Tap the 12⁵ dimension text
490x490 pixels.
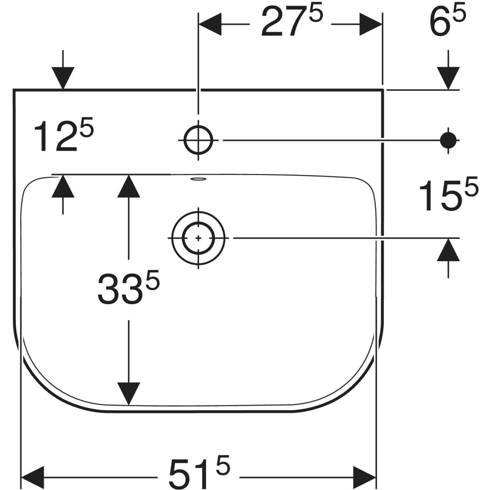64,137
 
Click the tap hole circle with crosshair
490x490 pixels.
198,140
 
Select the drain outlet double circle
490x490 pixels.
198,237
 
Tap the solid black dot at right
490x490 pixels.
448,140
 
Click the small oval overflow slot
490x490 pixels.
198,178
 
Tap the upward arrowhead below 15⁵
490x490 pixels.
448,249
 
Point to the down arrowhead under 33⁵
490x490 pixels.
129,394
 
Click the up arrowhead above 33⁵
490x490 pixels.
129,186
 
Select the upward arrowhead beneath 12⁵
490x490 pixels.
62,186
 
